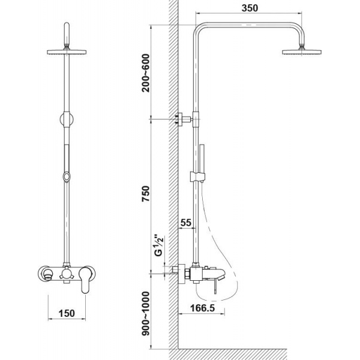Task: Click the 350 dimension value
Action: tap(250, 8)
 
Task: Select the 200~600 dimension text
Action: tap(146, 73)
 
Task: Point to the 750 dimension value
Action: tap(146, 194)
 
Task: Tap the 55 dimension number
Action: tap(186, 223)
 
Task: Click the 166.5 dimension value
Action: tap(203, 308)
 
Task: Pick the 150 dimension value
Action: tap(67, 313)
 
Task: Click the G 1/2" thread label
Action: tap(159, 245)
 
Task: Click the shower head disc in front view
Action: tap(67, 52)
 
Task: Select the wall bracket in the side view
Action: tap(183, 119)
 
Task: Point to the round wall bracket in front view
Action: tap(67, 119)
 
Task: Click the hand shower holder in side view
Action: tap(197, 176)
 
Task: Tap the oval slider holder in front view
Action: tap(67, 177)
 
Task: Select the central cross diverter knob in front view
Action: tap(67, 274)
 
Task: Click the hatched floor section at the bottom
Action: tap(228, 354)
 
